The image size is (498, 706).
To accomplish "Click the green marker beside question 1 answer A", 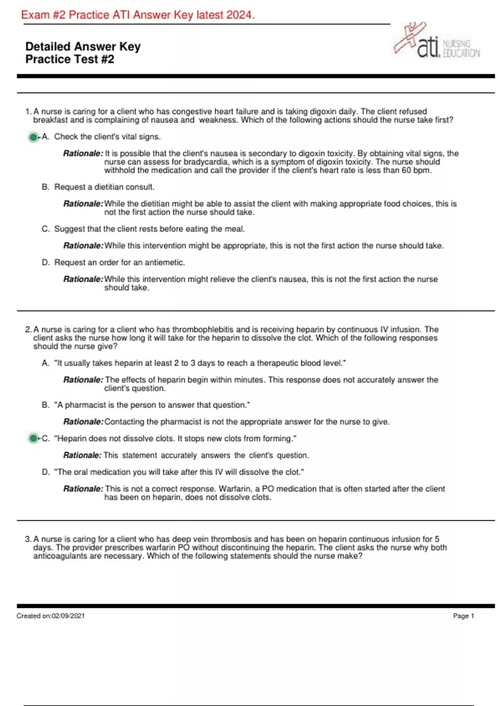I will pyautogui.click(x=33, y=137).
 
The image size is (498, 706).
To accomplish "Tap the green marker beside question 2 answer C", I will pyautogui.click(x=33, y=438).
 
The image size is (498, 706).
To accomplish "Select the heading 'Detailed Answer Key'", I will pyautogui.click(x=83, y=47).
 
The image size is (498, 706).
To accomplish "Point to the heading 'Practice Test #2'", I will pyautogui.click(x=70, y=59).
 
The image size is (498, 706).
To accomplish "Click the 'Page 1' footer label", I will pyautogui.click(x=463, y=616).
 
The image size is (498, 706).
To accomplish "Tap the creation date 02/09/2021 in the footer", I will pyautogui.click(x=68, y=616).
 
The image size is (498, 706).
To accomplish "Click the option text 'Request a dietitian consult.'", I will pyautogui.click(x=104, y=187).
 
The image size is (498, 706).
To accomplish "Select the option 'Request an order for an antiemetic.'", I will pyautogui.click(x=120, y=262).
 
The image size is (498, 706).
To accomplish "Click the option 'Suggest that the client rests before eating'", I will pyautogui.click(x=149, y=229).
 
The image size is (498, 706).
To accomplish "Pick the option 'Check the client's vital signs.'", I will pyautogui.click(x=107, y=137).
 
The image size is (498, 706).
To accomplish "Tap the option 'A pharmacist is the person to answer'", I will pyautogui.click(x=152, y=405).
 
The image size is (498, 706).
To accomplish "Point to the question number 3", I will pyautogui.click(x=28, y=539).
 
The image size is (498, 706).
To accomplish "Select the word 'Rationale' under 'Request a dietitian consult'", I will pyautogui.click(x=83, y=204).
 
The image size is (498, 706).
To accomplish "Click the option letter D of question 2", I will pyautogui.click(x=45, y=472).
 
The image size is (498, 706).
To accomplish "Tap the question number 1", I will pyautogui.click(x=28, y=112).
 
